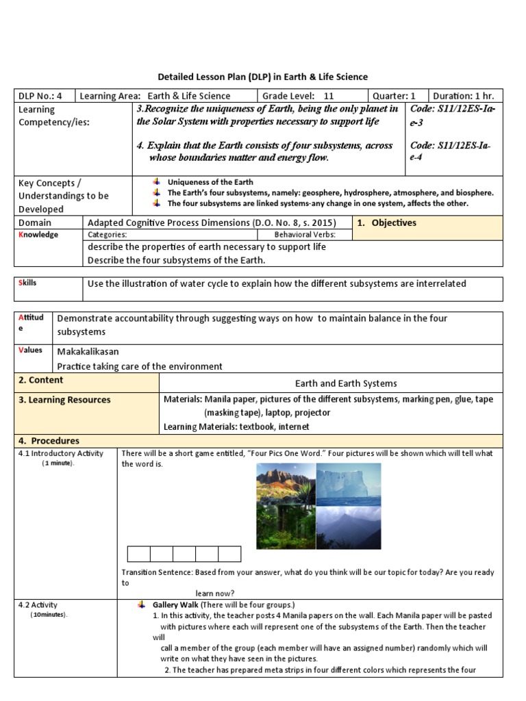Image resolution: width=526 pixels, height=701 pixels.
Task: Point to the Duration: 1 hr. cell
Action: [x=464, y=96]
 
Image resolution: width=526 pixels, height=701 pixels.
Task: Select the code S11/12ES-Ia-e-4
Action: [x=450, y=151]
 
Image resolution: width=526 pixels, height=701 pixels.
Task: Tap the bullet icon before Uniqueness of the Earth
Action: [x=157, y=182]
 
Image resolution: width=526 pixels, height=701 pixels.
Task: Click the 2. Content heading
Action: [x=41, y=381]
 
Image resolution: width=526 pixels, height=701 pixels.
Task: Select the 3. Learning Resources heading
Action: [x=64, y=400]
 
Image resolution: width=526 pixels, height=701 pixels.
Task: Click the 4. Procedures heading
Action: [x=49, y=441]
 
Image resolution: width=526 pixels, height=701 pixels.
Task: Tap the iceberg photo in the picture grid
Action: [x=348, y=484]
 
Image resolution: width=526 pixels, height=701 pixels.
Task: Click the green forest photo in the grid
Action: [x=286, y=527]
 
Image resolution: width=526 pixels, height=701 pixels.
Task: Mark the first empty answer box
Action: [x=138, y=554]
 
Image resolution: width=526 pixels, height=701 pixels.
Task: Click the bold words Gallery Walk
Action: [x=175, y=605]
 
